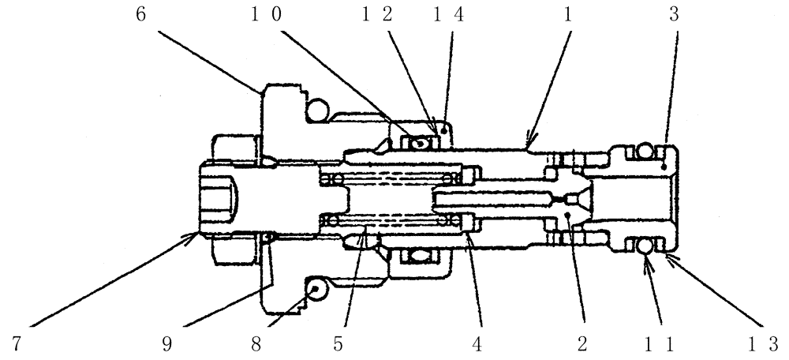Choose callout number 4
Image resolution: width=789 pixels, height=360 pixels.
point(480,341)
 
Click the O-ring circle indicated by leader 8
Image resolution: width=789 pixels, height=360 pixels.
point(316,291)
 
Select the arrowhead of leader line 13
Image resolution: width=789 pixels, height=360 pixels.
point(669,254)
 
